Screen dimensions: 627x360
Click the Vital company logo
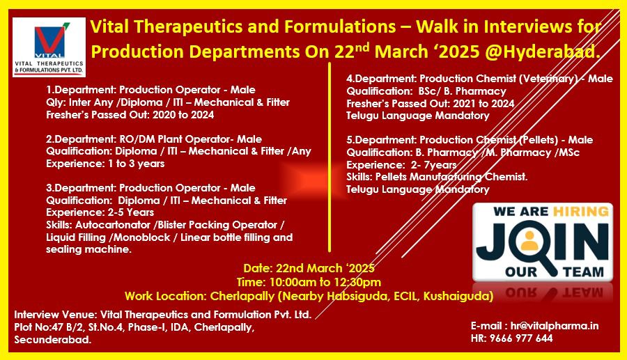pos(49,47)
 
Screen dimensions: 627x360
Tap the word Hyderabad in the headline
pos(549,52)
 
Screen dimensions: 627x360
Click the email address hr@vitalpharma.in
pos(555,326)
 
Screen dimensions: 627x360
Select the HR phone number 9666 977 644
pos(521,338)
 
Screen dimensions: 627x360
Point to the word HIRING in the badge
pos(580,211)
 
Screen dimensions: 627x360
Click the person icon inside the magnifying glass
pos(529,240)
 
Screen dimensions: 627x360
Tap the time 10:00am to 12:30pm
pos(325,282)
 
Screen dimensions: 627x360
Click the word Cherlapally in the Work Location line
pos(242,296)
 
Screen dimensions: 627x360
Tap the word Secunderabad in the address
pos(53,340)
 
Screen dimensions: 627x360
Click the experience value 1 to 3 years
pos(136,164)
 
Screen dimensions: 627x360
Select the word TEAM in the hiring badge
pos(583,272)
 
